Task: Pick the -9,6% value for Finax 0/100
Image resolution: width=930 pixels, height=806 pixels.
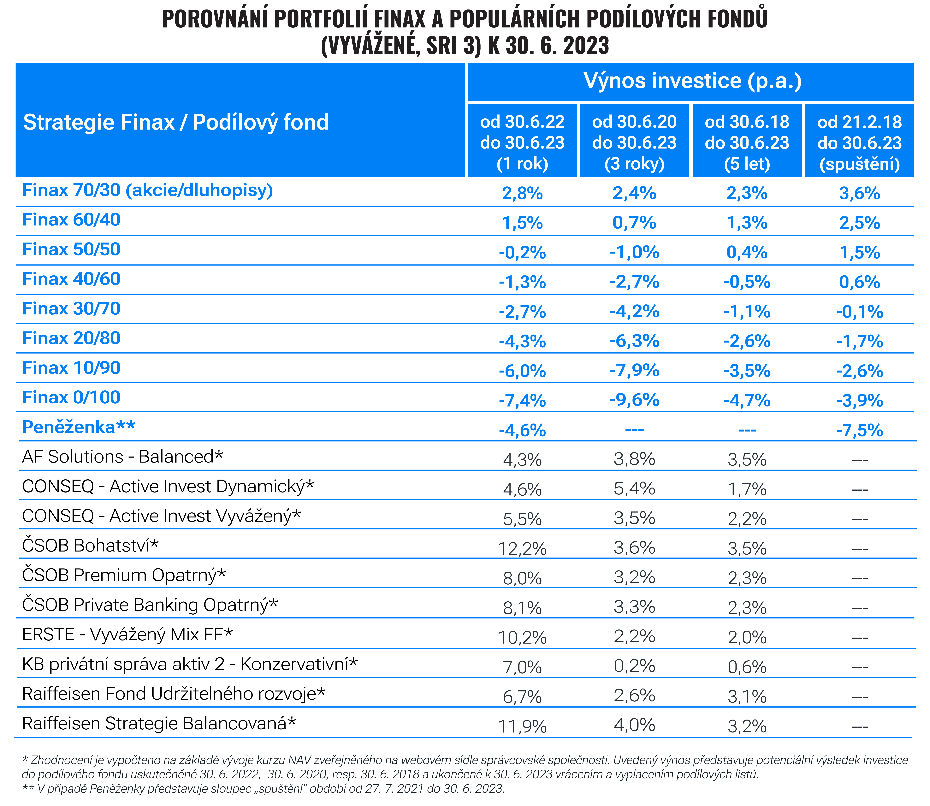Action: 634,400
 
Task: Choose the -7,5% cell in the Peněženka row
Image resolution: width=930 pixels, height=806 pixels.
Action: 859,430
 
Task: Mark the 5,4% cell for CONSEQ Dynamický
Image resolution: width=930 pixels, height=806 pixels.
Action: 634,488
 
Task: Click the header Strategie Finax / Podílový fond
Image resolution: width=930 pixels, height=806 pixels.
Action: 176,122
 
